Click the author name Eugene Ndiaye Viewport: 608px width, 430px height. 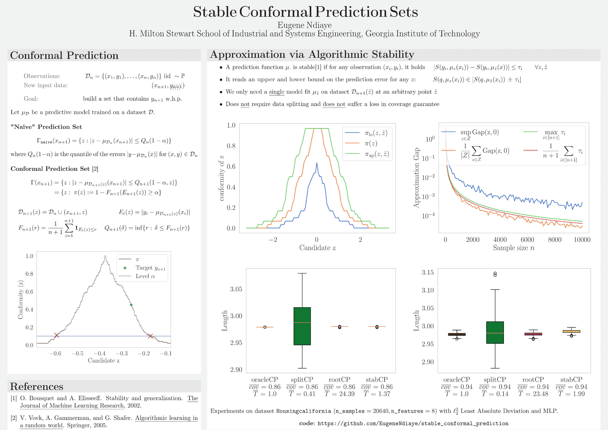(305, 25)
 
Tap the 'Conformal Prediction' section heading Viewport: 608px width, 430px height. (64, 55)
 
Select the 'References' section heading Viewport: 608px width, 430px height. (37, 387)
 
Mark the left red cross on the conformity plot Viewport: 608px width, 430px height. (56, 335)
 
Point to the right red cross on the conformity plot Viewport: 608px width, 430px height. (150, 336)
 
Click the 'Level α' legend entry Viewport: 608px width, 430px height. (145, 276)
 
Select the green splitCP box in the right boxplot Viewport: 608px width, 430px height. (495, 332)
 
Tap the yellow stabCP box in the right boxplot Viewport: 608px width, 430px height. (571, 331)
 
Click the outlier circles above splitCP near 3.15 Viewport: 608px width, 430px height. (495, 274)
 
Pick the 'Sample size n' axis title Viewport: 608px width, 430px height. (513, 248)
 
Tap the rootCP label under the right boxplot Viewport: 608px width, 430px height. (533, 379)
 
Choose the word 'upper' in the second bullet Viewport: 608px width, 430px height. (266, 79)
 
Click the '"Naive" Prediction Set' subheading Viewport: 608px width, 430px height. (46, 127)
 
